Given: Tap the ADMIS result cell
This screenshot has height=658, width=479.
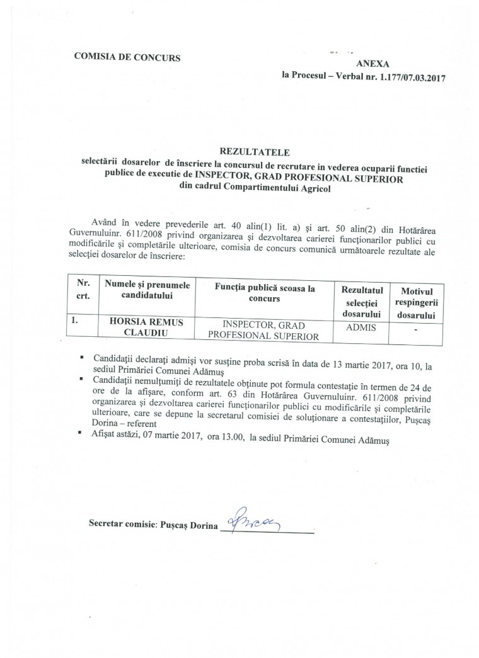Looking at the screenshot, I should [x=361, y=327].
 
